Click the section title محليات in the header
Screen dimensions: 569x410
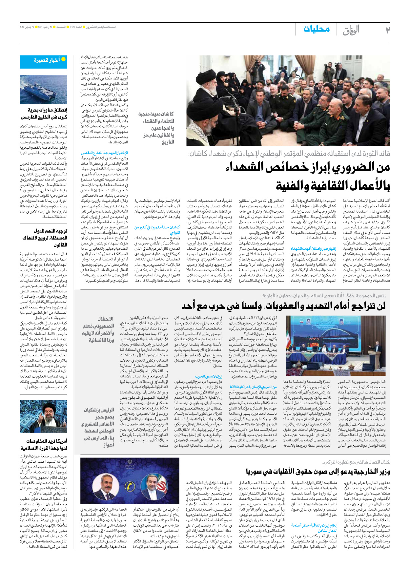point(316,29)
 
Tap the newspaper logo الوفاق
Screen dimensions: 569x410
point(351,30)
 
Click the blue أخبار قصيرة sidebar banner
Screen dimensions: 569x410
point(43,61)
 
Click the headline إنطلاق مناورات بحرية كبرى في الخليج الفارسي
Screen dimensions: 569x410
point(44,114)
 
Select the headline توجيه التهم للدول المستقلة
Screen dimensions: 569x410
point(46,238)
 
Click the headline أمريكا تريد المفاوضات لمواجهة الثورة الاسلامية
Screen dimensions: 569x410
point(44,444)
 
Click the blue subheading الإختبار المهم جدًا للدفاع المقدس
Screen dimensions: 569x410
point(104,153)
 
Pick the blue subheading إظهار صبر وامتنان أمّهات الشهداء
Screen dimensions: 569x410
point(313,249)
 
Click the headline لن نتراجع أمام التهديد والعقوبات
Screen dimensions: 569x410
point(283,306)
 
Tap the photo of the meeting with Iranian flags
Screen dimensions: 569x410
point(336,346)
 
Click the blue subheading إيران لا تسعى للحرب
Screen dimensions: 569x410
point(209,377)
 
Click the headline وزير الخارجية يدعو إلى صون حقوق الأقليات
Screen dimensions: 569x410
point(318,472)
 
